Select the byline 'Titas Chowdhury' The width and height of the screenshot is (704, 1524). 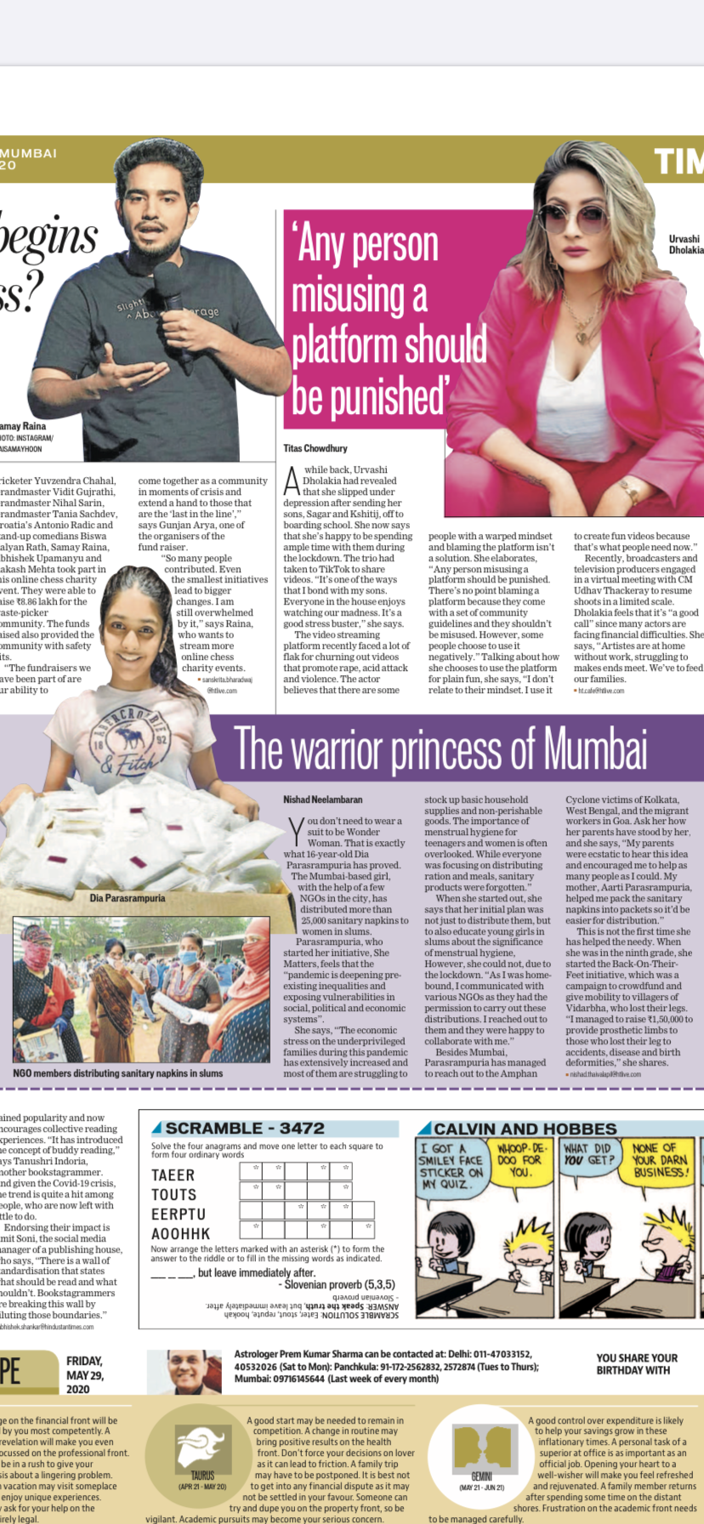pos(315,448)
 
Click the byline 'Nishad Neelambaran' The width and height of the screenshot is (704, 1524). pos(323,799)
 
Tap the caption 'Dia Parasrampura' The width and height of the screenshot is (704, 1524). pos(128,898)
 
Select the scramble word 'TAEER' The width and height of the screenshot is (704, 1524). pos(173,1175)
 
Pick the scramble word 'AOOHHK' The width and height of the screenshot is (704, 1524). pos(180,1234)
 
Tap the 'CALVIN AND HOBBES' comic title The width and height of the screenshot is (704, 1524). pos(525,1129)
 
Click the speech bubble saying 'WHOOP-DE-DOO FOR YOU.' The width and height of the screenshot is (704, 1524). pos(520,1160)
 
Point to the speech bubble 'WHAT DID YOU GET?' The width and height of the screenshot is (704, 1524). pos(588,1154)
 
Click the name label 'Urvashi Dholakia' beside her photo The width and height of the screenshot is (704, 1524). pos(684,245)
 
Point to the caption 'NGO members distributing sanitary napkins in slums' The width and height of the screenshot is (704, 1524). pos(118,1073)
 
